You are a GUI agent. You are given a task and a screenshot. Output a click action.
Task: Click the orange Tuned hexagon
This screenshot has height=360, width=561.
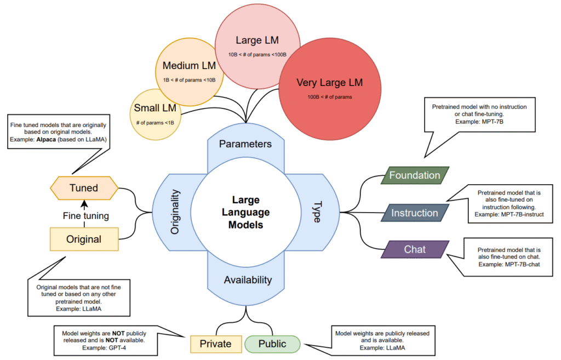click(x=84, y=188)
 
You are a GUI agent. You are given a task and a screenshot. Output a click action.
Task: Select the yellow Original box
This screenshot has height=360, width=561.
click(x=84, y=239)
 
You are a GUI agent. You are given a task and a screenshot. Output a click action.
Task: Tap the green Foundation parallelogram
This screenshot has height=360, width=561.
click(x=415, y=175)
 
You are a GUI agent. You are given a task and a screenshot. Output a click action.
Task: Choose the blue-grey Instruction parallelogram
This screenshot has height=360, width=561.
click(x=415, y=213)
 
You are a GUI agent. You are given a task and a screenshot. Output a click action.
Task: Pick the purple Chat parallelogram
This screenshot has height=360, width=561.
click(x=415, y=249)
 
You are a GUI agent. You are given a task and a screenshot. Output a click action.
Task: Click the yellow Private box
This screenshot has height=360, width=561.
click(x=215, y=344)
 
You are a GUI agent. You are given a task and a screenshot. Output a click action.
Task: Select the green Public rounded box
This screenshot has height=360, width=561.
click(x=272, y=344)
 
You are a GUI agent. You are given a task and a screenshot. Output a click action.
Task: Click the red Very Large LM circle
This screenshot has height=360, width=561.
click(x=329, y=88)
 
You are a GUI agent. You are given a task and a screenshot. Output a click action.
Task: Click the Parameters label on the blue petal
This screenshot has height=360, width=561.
click(x=245, y=144)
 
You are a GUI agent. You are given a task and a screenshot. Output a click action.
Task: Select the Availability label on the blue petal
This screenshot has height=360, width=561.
click(x=248, y=279)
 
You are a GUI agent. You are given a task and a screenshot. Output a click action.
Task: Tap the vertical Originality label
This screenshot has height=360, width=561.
click(x=175, y=212)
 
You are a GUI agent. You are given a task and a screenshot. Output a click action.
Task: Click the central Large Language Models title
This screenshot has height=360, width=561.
click(x=245, y=212)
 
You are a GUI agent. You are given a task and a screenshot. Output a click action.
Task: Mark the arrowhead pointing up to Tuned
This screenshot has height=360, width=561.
click(x=84, y=203)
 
